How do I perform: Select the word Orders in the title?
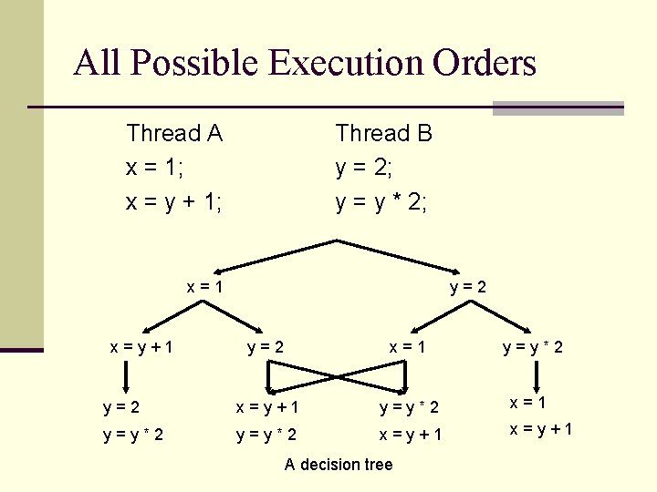pos(485,63)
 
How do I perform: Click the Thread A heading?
pos(174,134)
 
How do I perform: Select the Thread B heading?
pos(383,134)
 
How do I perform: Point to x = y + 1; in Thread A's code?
pos(174,202)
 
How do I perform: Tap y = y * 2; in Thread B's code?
pos(381,202)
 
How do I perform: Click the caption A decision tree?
pos(339,465)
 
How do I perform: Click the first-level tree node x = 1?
pos(205,287)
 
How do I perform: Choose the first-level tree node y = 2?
pos(469,287)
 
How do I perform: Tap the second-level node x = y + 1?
pos(141,346)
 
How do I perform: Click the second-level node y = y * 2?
pos(533,346)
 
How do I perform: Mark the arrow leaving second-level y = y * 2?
pos(533,373)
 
